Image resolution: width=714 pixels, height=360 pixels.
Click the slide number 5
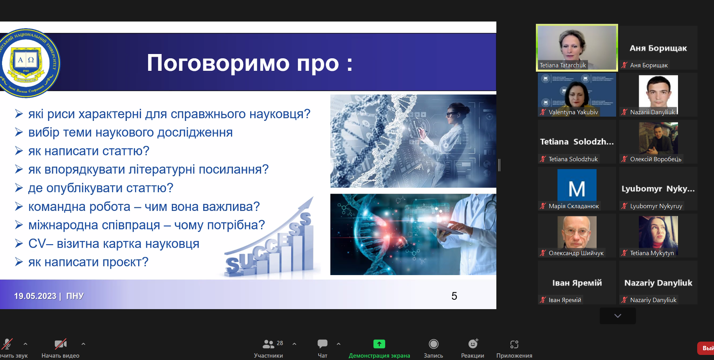[454, 296]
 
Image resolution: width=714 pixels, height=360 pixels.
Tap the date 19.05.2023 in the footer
[35, 296]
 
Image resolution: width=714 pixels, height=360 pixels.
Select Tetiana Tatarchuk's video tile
[577, 47]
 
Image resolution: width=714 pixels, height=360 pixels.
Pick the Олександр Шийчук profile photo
[577, 232]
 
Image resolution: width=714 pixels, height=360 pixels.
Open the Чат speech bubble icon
[323, 344]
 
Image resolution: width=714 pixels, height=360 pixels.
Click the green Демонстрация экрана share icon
[379, 344]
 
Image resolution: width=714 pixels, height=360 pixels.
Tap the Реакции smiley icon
[473, 344]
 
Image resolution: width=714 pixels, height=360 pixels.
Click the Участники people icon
[269, 344]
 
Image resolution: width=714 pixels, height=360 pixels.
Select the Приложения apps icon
[514, 344]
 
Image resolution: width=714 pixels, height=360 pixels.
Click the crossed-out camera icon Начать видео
[60, 344]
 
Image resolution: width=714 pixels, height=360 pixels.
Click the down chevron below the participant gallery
[618, 316]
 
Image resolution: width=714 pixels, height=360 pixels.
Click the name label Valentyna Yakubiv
[573, 112]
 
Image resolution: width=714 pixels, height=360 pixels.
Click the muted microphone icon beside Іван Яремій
[543, 300]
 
